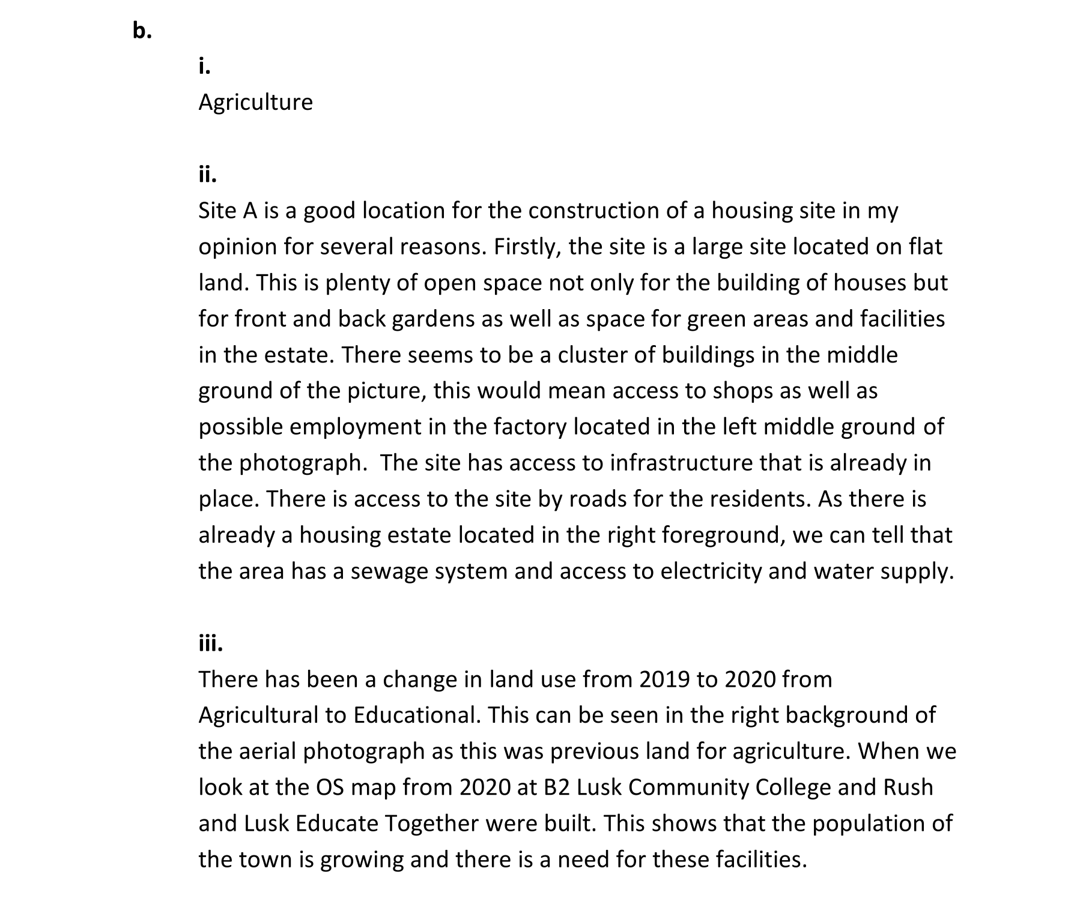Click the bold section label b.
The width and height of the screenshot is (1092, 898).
coord(142,30)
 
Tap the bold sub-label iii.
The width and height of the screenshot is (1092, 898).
coord(210,643)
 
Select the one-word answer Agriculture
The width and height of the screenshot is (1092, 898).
coord(255,102)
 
